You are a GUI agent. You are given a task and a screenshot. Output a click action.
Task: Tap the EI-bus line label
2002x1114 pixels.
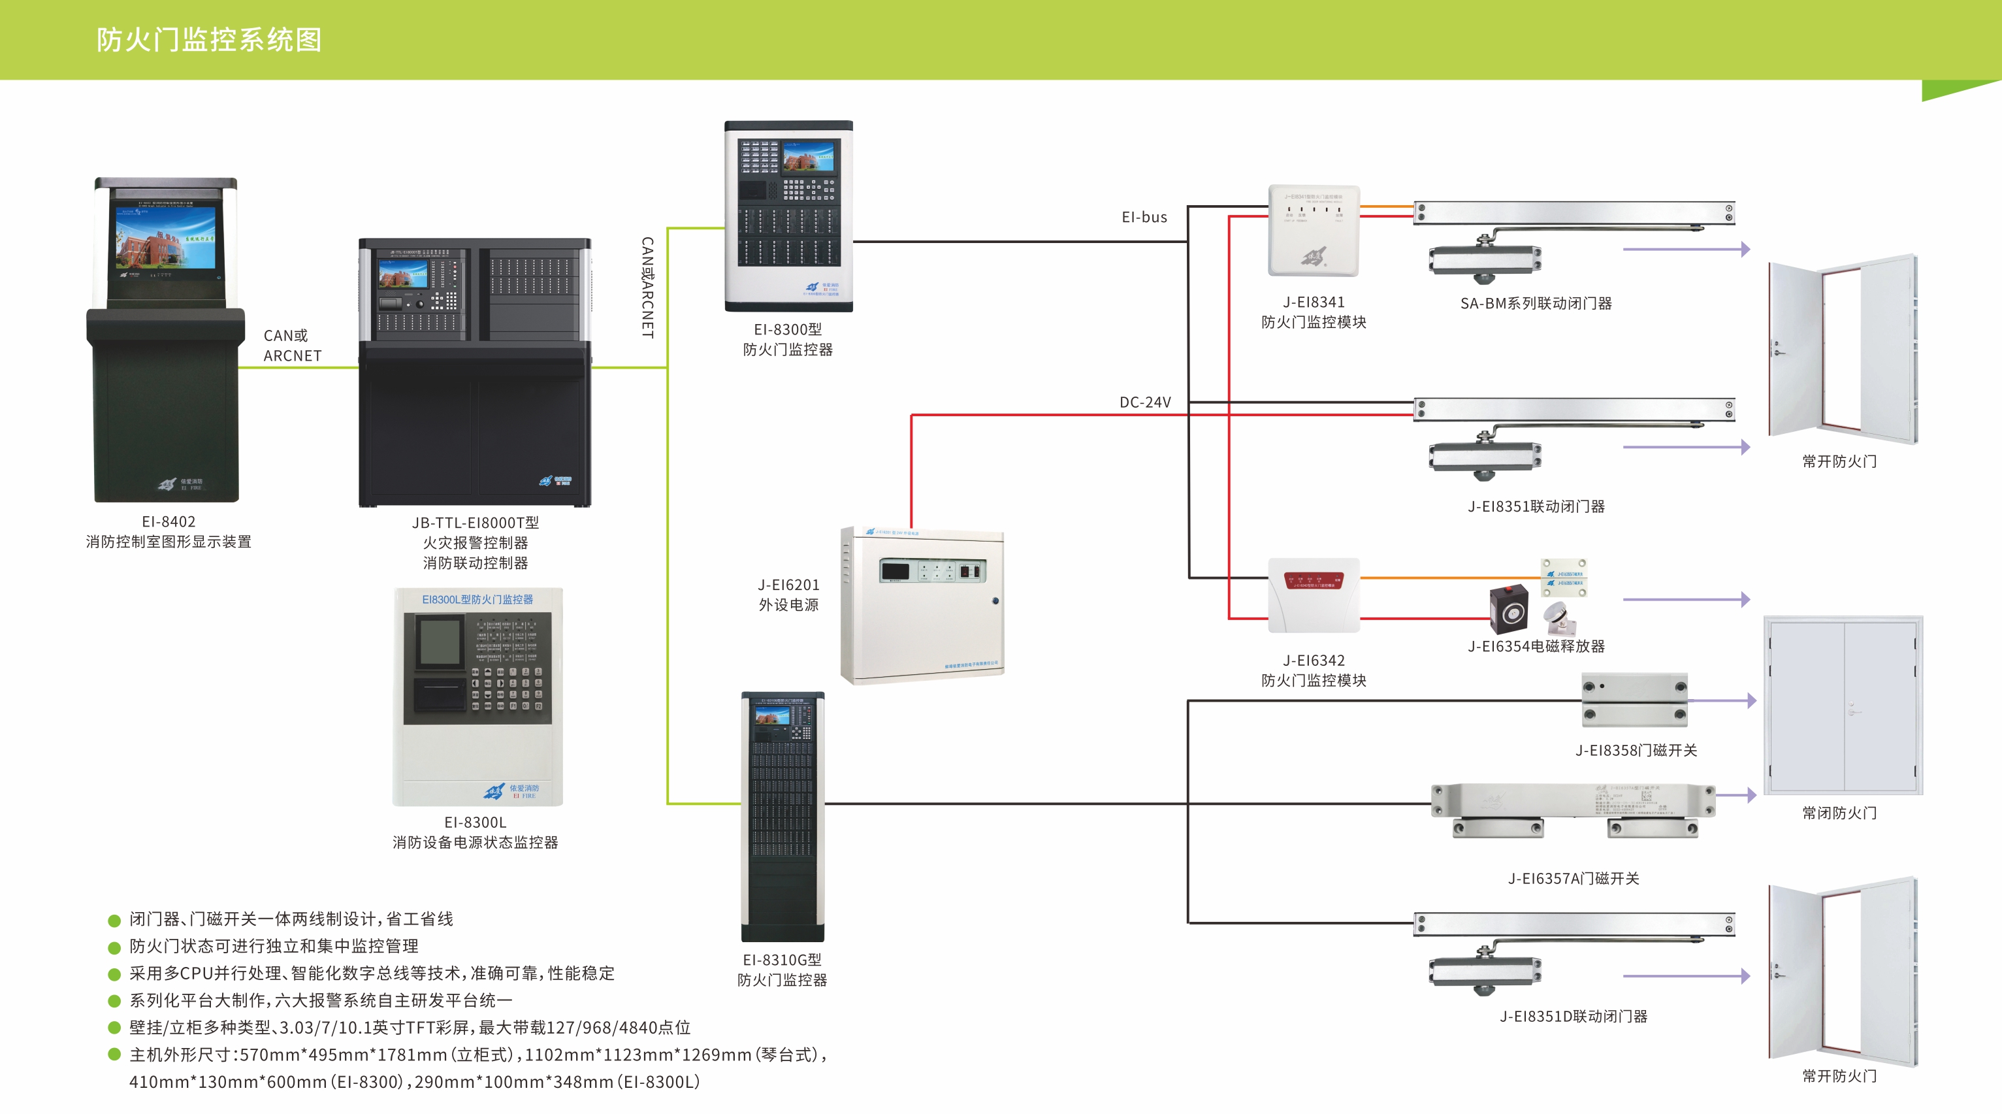click(1144, 218)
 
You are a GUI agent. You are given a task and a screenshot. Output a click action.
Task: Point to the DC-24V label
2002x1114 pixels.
click(1145, 402)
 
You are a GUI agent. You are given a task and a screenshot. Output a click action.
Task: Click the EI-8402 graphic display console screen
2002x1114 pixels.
click(165, 237)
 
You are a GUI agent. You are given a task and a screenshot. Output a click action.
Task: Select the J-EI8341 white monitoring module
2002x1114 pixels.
click(1314, 231)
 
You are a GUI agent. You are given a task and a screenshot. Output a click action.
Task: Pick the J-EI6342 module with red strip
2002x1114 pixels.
click(1314, 595)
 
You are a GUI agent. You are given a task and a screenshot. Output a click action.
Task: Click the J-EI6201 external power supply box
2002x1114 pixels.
click(922, 605)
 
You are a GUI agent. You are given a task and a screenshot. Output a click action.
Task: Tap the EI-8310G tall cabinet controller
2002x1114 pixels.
click(783, 816)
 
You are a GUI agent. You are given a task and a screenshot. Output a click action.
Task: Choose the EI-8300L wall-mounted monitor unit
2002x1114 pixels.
click(478, 696)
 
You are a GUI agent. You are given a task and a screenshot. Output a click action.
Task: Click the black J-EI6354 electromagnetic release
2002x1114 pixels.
click(1508, 610)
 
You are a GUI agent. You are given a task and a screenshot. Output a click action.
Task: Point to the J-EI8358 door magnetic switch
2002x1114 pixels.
click(1634, 700)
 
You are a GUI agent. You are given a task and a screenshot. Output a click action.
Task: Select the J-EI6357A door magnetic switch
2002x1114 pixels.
click(1574, 810)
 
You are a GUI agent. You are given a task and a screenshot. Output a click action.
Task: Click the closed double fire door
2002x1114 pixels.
click(1843, 705)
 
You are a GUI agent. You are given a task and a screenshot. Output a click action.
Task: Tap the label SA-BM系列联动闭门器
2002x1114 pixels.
click(1536, 304)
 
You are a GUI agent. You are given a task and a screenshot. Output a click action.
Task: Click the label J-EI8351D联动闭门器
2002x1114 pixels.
click(1573, 1016)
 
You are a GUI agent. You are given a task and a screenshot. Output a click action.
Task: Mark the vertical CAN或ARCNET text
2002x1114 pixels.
click(647, 287)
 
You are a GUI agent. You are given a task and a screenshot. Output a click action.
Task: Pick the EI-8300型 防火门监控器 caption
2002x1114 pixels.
click(787, 340)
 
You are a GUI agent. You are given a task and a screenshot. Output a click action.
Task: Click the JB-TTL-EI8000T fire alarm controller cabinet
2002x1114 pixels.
click(475, 372)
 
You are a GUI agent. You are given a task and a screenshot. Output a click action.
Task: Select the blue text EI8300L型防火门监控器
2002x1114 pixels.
click(477, 599)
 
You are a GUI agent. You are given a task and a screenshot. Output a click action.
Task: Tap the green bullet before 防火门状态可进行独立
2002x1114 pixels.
click(114, 947)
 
